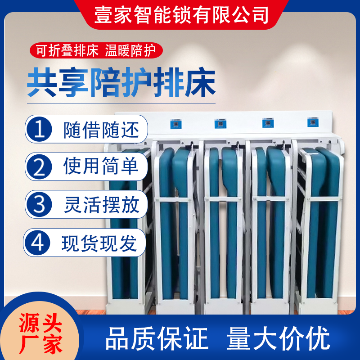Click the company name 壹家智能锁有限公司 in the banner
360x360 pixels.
[x=181, y=15]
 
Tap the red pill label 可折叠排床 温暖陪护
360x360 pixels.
[x=96, y=50]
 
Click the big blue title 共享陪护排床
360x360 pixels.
[x=121, y=82]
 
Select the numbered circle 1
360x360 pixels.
[x=39, y=129]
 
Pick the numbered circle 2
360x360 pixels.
[x=39, y=166]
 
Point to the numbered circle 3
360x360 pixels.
[x=39, y=204]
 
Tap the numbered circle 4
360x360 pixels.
[x=37, y=243]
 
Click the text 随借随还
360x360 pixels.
[x=101, y=130]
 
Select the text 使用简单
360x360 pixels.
[x=101, y=166]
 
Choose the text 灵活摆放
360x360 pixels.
[x=102, y=205]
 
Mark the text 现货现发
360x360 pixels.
[x=99, y=243]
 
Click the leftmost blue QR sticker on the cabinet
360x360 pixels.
[x=176, y=124]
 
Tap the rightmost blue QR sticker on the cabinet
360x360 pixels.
[x=313, y=122]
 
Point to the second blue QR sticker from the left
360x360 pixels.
[x=220, y=123]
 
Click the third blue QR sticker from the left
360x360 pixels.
[x=268, y=123]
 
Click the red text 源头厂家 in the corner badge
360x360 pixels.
[x=40, y=333]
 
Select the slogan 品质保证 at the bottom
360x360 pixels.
[x=157, y=338]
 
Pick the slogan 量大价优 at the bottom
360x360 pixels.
[x=278, y=338]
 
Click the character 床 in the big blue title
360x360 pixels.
[x=201, y=82]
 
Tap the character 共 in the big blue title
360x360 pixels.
[x=42, y=82]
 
